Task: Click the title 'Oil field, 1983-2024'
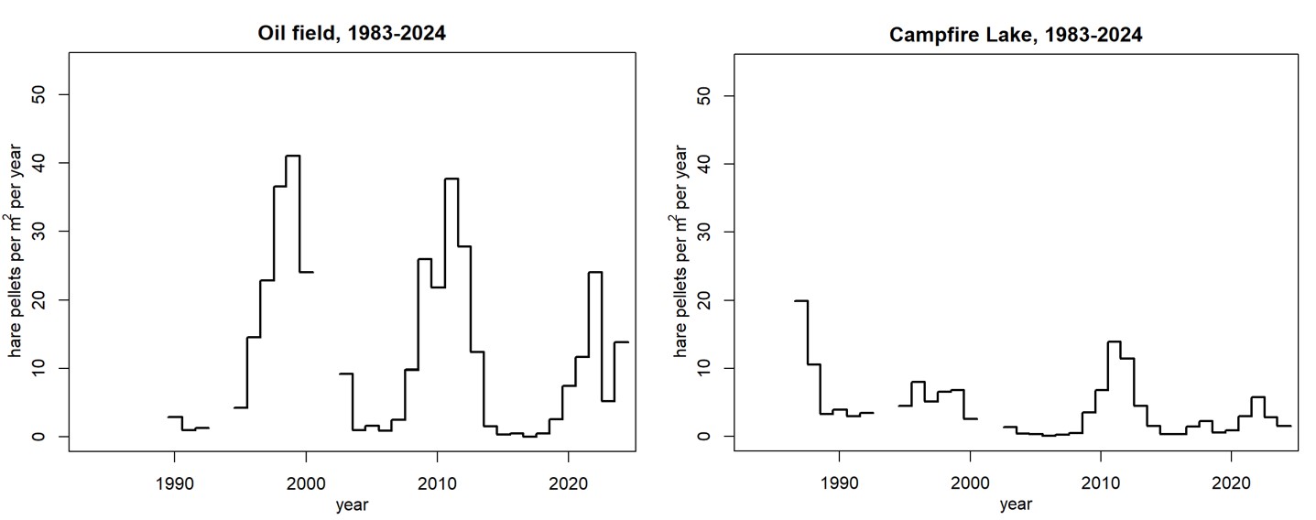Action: coord(353,35)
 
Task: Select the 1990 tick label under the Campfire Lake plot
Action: coord(839,482)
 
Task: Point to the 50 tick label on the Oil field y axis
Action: coord(38,95)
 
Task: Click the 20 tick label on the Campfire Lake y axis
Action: coord(704,299)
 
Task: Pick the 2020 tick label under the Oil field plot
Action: coord(569,482)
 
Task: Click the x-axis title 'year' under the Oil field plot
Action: coord(353,504)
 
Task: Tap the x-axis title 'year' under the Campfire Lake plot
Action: coord(1017,504)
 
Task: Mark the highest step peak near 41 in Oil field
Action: coord(293,157)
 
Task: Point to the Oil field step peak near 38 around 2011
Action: coord(451,179)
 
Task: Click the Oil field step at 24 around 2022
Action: coord(595,273)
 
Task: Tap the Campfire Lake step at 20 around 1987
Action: coord(801,300)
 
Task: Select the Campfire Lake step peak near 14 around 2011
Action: coord(1115,341)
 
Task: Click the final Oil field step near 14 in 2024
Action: coord(622,341)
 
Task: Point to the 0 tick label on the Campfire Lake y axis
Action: coord(704,437)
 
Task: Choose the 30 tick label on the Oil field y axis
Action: coord(38,232)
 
